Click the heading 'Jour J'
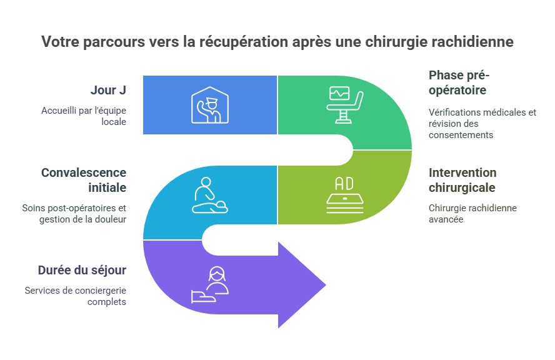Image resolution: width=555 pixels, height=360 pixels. tap(108, 90)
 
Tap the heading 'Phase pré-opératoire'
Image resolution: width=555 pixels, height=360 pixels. tap(459, 82)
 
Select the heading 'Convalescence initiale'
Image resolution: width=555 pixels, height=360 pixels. tap(83, 180)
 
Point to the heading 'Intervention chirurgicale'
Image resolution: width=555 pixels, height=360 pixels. tap(462, 180)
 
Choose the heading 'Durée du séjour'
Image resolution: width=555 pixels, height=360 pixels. tap(82, 270)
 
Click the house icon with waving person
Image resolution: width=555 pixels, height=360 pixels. tap(210, 104)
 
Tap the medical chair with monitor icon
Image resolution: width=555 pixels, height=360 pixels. tap(345, 104)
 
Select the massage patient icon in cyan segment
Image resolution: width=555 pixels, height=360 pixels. tap(209, 196)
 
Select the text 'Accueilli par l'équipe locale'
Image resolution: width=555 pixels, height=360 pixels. tap(84, 116)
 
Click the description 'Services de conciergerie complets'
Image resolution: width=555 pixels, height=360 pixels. tap(76, 296)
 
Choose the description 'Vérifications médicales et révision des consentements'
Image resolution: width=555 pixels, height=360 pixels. tap(481, 123)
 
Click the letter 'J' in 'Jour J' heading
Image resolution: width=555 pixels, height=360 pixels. tap(122, 90)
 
